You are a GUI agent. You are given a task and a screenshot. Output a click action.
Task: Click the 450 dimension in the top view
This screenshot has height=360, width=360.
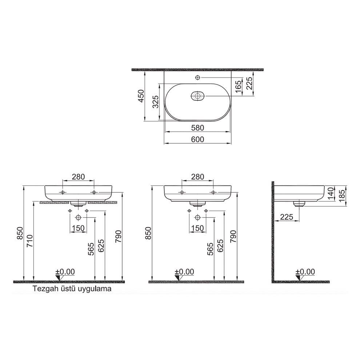coord(141,96)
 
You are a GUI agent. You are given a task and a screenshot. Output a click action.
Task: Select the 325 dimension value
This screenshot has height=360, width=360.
coord(156,102)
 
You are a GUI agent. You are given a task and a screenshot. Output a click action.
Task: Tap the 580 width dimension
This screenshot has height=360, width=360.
coord(197,128)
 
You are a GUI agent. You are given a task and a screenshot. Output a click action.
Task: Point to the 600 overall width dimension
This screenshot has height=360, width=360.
coord(197,139)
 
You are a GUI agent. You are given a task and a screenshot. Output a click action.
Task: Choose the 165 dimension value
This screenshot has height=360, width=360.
coord(239,87)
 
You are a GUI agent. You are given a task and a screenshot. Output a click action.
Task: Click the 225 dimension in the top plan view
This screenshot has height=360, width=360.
coord(249,84)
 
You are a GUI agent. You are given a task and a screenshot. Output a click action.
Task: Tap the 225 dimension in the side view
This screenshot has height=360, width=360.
coord(287,217)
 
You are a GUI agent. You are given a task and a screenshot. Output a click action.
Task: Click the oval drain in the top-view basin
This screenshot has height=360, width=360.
coord(197,96)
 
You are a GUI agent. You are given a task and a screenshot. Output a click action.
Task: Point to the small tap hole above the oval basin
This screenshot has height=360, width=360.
coord(197,77)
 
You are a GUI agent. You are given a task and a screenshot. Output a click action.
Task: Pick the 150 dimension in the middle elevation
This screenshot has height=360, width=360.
coord(197,228)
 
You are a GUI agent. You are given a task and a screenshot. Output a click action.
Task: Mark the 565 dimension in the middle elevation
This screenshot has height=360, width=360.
coord(211,249)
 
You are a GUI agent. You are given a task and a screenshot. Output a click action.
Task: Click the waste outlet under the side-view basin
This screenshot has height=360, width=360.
coord(299,204)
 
